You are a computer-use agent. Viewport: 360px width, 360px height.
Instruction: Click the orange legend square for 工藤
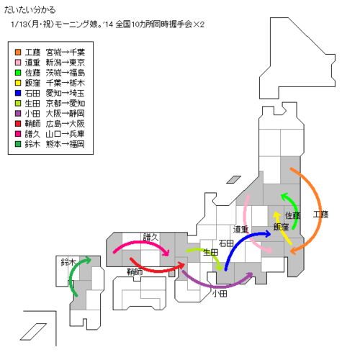[18, 52]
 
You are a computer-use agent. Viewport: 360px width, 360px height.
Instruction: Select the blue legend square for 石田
[18, 93]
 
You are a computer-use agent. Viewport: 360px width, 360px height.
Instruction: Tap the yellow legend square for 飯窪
[18, 83]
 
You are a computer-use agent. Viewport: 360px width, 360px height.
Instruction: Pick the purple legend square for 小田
[18, 113]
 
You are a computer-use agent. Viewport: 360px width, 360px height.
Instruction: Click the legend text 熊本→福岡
[66, 144]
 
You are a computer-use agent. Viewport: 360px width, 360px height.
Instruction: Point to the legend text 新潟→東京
[66, 63]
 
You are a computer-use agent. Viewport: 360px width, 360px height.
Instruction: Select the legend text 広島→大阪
[66, 124]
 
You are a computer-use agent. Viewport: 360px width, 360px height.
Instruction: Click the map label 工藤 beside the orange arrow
[320, 215]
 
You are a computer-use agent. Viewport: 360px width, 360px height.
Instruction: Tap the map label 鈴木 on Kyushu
[68, 262]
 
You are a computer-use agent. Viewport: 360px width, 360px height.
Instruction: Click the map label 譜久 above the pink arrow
[151, 237]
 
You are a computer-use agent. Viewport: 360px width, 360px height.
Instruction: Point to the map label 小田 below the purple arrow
[220, 293]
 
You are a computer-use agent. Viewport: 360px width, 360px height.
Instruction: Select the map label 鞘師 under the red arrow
[135, 272]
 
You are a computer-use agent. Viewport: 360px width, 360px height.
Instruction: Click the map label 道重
[240, 230]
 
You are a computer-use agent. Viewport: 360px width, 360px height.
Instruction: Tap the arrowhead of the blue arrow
[267, 234]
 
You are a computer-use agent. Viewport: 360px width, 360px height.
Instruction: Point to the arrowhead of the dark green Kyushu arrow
[87, 260]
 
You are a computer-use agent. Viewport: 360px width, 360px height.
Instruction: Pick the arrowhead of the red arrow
[181, 266]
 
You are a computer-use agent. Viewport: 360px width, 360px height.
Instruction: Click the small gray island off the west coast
[233, 179]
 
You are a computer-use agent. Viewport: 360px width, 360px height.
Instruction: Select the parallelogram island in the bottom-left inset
[33, 332]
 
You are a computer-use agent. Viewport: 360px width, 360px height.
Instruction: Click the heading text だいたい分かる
[30, 10]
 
